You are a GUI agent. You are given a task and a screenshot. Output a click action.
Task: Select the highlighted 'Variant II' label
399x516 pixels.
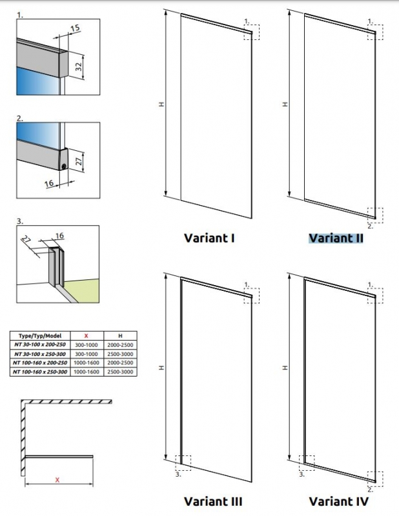click(336, 239)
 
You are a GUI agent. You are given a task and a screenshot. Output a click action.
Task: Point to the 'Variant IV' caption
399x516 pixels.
click(338, 501)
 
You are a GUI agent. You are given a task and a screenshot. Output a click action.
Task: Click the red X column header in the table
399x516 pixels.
click(87, 336)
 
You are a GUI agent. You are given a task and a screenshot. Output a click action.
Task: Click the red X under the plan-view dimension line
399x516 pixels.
click(57, 479)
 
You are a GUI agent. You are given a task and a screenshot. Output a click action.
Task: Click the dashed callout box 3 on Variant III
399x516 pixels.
click(183, 464)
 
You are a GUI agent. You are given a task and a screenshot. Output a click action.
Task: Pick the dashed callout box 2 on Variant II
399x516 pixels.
click(374, 215)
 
